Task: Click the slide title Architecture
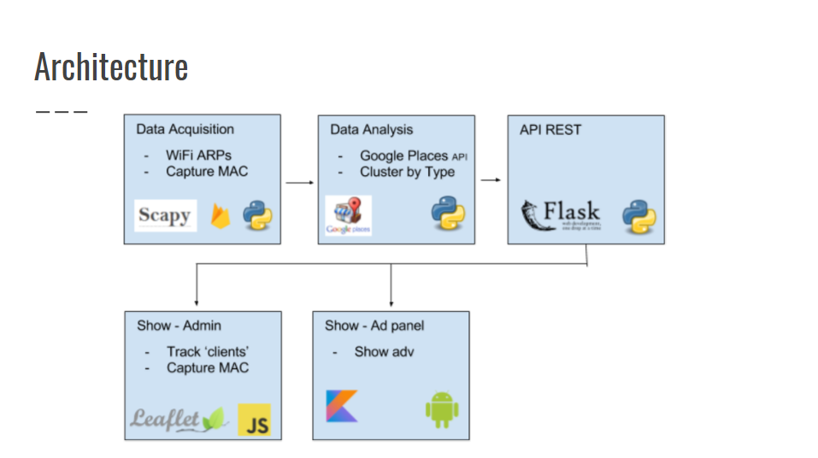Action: [111, 67]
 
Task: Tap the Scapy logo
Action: [164, 215]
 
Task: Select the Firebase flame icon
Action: [222, 215]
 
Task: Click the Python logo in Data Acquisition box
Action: [257, 215]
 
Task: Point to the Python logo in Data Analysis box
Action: [447, 213]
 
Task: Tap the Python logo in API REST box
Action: [639, 215]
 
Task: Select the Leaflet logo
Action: [178, 419]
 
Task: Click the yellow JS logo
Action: [255, 420]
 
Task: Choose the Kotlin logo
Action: [342, 406]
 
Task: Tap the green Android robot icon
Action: [442, 409]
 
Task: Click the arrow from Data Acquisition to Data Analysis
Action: [299, 182]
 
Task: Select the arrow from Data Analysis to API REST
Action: [491, 180]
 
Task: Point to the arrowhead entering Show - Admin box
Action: [197, 303]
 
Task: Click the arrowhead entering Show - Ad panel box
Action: [391, 303]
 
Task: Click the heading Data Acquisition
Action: [185, 130]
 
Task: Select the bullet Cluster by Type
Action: [407, 172]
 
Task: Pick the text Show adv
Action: [384, 352]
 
